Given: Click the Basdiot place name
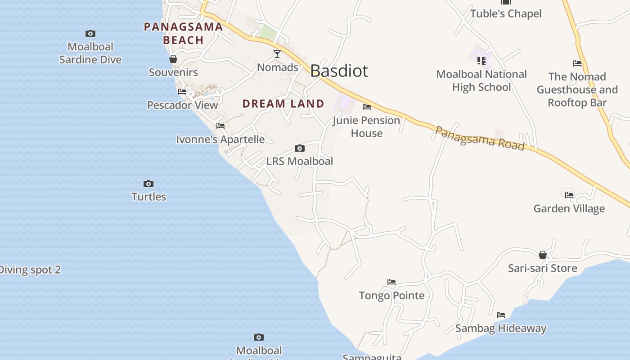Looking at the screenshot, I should [x=339, y=71].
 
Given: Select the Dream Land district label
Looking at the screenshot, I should [x=283, y=103].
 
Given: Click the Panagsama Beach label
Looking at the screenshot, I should [x=183, y=33].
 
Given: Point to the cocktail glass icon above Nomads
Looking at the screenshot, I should [x=277, y=54].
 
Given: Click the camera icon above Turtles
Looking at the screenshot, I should [x=148, y=184].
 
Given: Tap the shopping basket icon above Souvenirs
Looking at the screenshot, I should [x=173, y=59].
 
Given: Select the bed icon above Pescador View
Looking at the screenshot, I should [x=182, y=92].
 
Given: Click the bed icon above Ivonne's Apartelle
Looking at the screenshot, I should [x=220, y=126].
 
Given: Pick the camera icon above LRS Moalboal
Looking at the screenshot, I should [x=300, y=148].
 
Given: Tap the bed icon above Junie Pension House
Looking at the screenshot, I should [x=367, y=107].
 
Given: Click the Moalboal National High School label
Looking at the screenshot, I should [x=481, y=81].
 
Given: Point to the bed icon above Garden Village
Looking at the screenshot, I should [x=569, y=195].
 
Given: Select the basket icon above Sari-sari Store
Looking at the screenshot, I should [x=543, y=255].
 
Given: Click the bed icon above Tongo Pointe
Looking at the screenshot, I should [x=391, y=282].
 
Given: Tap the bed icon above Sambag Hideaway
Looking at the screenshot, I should [x=501, y=315].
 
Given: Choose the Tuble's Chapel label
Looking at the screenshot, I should [x=506, y=13].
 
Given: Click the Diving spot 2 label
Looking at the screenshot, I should [x=30, y=270].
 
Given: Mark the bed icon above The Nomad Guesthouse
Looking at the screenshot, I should [x=577, y=63].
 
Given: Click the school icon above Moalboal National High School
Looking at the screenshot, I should [x=481, y=60].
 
